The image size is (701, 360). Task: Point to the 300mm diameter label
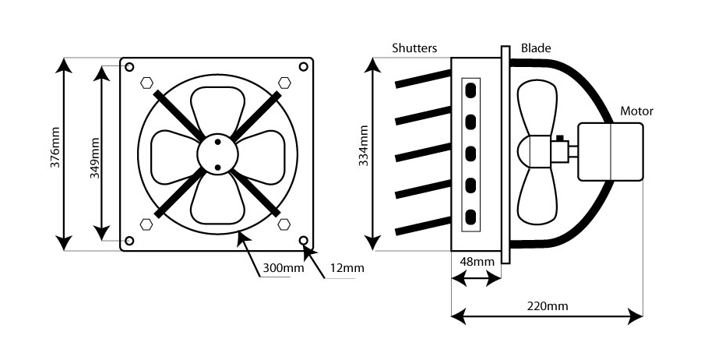(283, 268)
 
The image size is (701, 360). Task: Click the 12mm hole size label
(346, 268)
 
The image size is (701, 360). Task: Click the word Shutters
(415, 48)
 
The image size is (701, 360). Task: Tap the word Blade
(536, 48)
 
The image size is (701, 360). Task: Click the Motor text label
(636, 111)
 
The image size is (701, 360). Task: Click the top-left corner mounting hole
(129, 66)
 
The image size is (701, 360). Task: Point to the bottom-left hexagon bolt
(146, 225)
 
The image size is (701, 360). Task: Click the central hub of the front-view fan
(217, 154)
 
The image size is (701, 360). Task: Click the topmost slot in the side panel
(470, 91)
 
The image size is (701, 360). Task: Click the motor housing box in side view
(611, 152)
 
